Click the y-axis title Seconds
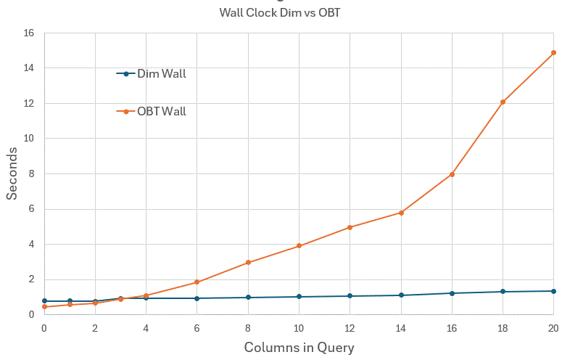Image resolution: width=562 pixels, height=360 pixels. (12, 173)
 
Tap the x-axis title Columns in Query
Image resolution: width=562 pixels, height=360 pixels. (299, 348)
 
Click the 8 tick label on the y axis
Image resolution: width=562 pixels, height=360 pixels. (31, 173)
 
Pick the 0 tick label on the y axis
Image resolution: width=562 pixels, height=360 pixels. (31, 314)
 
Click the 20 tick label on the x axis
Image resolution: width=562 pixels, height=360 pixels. (553, 328)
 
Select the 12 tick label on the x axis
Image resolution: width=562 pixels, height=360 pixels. (350, 328)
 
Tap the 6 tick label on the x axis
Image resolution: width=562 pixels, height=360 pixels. (197, 328)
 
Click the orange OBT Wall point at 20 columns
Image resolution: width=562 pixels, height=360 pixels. (553, 53)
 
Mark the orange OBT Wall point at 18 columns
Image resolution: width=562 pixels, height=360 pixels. (503, 102)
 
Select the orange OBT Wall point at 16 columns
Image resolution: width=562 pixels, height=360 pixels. (452, 174)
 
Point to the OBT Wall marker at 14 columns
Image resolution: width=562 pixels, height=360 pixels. (400, 213)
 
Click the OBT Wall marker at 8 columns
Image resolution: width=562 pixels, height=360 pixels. (248, 262)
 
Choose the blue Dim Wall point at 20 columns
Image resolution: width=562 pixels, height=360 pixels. (553, 291)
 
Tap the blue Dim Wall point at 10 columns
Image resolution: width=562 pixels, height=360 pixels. (299, 297)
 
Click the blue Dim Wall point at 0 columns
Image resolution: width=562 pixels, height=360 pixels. (44, 300)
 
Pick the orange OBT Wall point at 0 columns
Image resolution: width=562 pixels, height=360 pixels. (44, 307)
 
